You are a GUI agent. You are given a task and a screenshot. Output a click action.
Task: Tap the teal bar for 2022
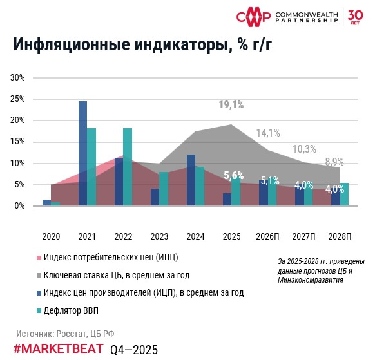128,167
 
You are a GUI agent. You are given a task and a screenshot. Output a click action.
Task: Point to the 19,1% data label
231,104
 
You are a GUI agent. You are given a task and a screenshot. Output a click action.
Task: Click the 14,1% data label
268,133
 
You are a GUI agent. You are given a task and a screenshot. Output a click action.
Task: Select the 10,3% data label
304,149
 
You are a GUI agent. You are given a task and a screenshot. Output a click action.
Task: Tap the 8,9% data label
334,162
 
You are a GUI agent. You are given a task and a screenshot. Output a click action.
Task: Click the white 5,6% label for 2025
233,175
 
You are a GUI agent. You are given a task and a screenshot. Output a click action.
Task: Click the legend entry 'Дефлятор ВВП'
68,311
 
